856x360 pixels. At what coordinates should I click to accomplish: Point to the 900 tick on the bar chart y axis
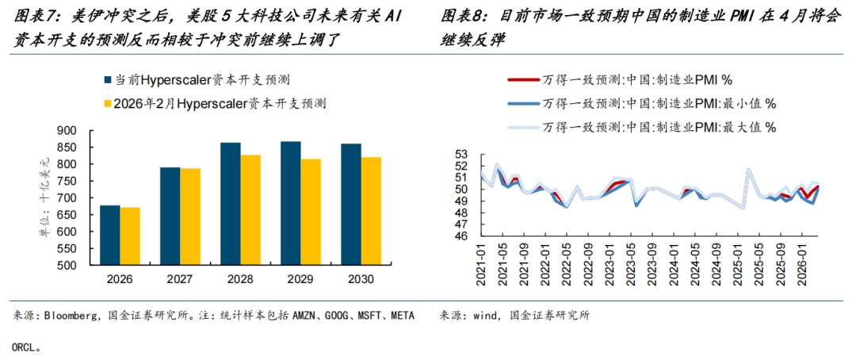point(67,131)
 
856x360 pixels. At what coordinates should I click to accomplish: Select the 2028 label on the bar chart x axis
point(240,280)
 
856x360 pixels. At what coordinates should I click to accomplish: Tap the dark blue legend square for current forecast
point(108,80)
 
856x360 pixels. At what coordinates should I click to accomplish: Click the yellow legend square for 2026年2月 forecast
point(108,103)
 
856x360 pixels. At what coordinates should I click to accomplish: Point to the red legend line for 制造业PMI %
point(522,79)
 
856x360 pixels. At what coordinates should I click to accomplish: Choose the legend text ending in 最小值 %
point(659,103)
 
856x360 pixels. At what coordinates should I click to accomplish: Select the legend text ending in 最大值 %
point(659,127)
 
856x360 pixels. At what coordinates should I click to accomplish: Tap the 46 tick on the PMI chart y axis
point(463,236)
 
